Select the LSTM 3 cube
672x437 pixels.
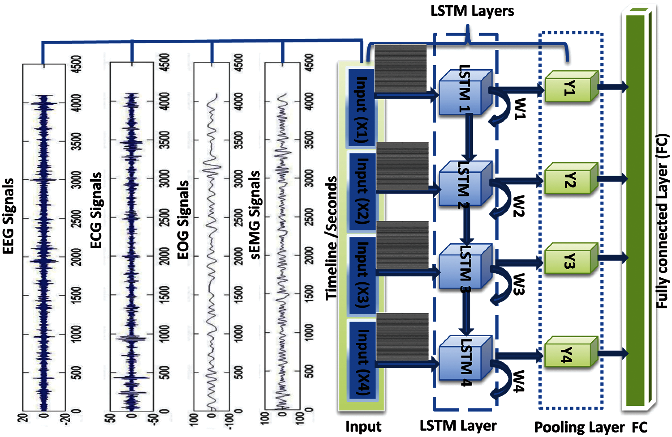point(466,266)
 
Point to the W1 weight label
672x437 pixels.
point(519,108)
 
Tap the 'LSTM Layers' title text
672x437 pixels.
point(472,11)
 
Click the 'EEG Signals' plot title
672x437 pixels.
point(8,216)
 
